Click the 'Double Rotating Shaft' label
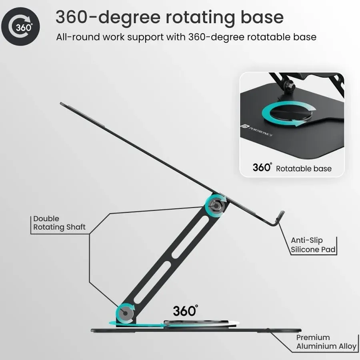tap(59, 223)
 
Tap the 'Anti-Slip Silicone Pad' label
tap(313, 245)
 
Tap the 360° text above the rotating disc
tap(186, 310)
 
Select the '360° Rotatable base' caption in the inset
tap(292, 168)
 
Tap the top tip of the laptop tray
tap(62, 104)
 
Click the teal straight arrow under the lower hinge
tap(136, 324)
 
